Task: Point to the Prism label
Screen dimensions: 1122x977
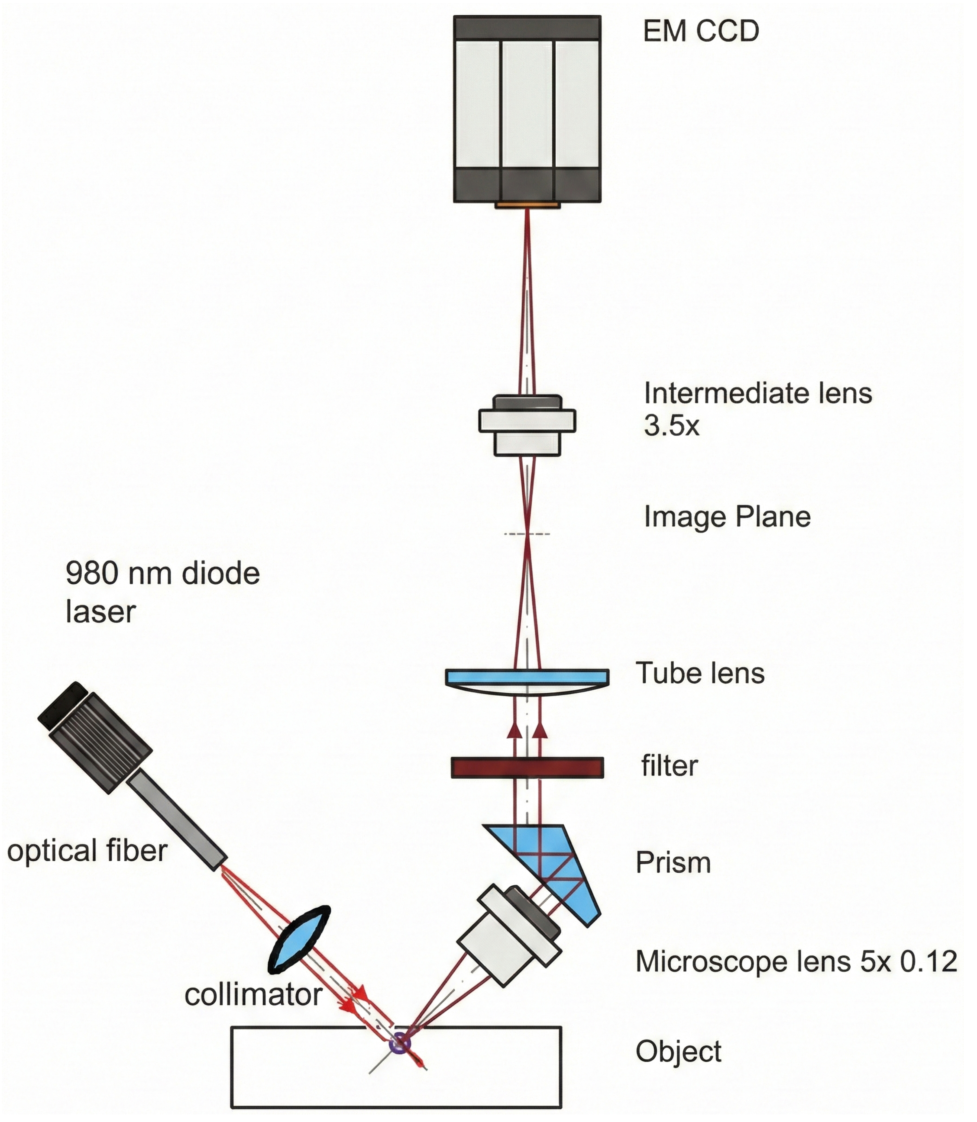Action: click(673, 863)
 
